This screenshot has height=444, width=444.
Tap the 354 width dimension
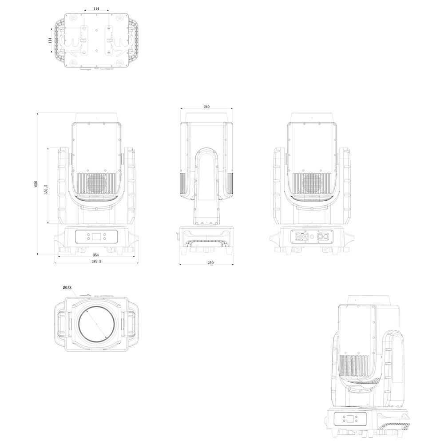95,255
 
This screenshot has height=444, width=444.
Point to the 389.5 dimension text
96,262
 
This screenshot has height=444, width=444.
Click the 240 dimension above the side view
206,107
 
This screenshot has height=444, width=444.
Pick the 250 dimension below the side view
210,263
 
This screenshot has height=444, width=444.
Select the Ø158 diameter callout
67,288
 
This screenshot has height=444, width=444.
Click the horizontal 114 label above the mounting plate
96,9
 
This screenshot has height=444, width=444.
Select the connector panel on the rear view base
312,236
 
